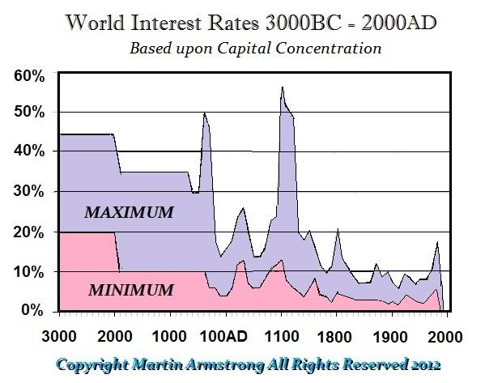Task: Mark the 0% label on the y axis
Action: [31, 310]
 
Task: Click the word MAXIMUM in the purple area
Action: [130, 213]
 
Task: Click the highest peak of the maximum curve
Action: [282, 87]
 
